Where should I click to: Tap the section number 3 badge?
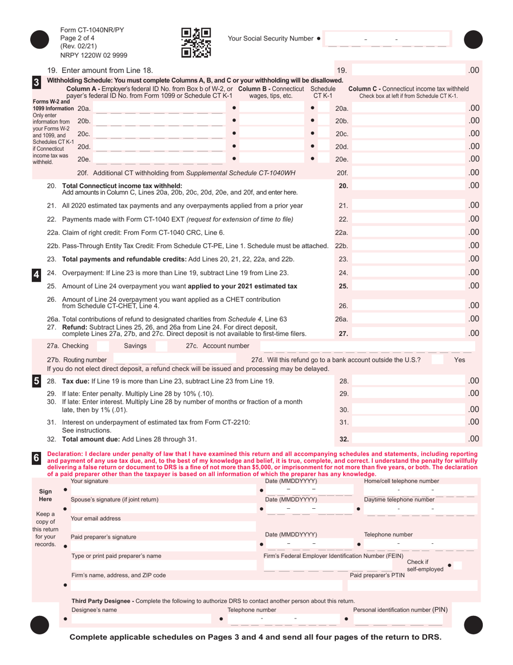[x=36, y=82]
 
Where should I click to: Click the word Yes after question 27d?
[x=460, y=360]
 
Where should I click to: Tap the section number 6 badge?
[x=36, y=458]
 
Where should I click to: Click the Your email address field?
[x=162, y=526]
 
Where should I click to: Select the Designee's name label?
[x=94, y=610]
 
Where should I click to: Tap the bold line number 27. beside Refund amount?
[x=343, y=334]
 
